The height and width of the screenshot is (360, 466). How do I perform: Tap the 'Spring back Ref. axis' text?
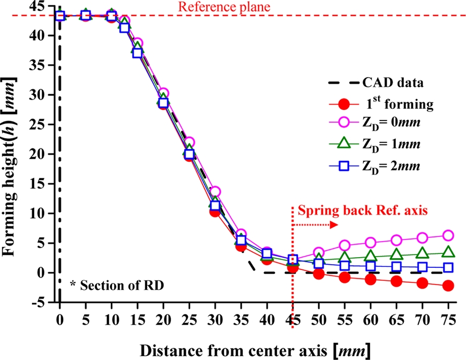pos(364,211)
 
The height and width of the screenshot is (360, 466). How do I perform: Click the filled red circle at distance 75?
pos(448,286)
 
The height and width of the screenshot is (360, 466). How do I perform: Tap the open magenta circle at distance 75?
pos(448,236)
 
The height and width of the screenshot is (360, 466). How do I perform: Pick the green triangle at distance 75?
pos(448,252)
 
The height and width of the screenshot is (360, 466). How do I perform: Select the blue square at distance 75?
pos(448,267)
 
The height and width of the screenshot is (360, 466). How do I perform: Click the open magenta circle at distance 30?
pos(215,191)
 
